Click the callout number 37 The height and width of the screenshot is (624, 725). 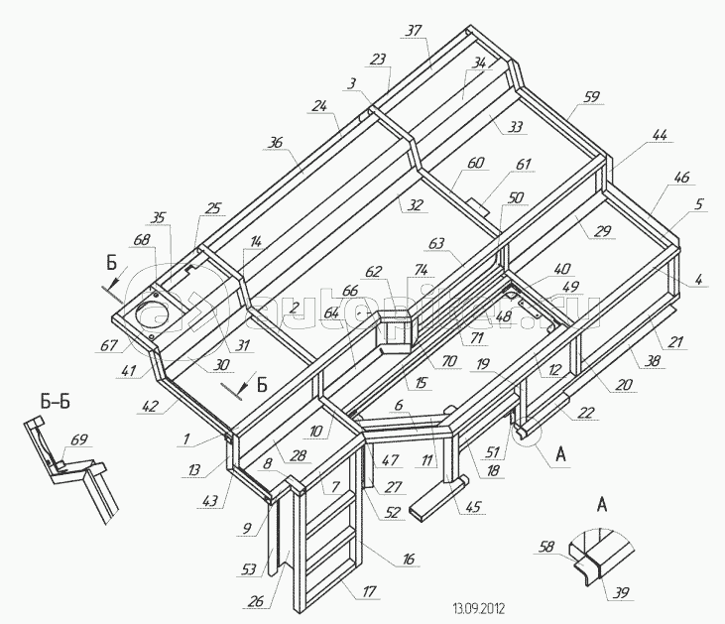coord(414,31)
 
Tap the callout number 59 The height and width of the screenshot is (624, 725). coord(591,97)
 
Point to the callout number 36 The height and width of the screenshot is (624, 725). coord(275,142)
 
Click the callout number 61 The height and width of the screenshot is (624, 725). coord(523,164)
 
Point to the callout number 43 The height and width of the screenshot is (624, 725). coord(209,502)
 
